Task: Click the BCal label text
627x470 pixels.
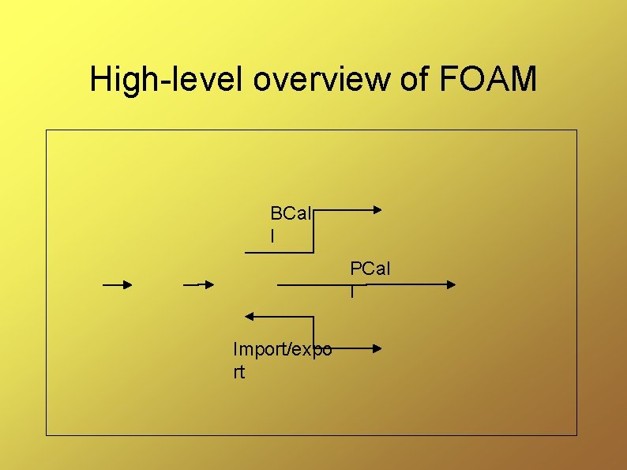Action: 291,213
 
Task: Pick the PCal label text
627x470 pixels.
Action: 370,270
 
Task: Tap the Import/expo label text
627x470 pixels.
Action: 282,349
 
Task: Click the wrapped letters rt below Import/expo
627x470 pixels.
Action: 239,372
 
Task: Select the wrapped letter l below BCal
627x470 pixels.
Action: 272,235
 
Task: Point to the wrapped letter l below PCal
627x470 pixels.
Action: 352,292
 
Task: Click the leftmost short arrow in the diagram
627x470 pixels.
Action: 118,284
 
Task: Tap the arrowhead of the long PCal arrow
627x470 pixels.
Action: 450,284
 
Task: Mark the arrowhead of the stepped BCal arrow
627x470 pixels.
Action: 377,210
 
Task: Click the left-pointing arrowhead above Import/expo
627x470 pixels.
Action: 250,317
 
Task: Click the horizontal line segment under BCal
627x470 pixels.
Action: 279,252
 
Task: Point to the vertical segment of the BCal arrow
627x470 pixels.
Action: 314,231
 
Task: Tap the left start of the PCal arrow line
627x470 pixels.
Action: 279,284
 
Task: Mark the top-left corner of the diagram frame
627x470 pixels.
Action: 47,130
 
